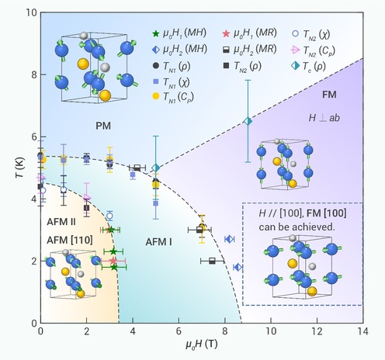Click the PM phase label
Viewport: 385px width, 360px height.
pos(103,126)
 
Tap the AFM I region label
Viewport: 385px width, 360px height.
pos(158,242)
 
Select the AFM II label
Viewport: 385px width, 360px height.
pos(61,222)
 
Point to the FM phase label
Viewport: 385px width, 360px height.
pos(329,95)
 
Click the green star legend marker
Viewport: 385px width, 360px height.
pos(155,33)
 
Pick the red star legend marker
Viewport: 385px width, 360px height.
pos(226,33)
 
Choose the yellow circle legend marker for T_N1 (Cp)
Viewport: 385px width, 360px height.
pos(155,96)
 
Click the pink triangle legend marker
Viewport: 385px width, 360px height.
pos(295,50)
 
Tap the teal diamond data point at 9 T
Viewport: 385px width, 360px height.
pos(248,121)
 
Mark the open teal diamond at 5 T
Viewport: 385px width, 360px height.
pos(155,168)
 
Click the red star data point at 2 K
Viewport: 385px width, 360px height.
pos(113,261)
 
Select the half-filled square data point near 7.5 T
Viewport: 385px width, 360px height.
pos(212,261)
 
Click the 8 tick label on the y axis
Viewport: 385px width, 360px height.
pos(34,74)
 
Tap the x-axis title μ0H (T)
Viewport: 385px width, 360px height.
pos(202,344)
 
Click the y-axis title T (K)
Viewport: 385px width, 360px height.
pos(20,168)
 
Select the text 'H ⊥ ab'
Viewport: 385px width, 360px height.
pos(324,118)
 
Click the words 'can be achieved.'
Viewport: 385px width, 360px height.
pos(297,227)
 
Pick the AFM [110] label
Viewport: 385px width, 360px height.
pos(70,241)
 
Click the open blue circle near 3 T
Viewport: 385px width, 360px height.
pos(109,216)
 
